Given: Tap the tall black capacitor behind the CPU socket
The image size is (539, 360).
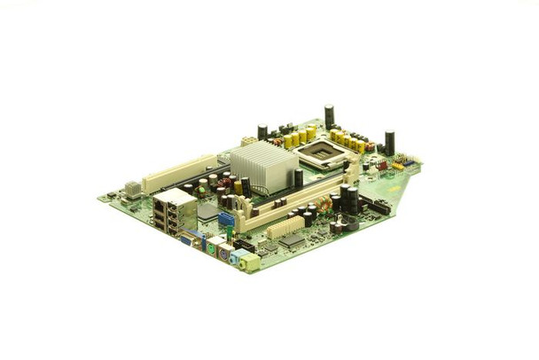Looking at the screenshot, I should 329,115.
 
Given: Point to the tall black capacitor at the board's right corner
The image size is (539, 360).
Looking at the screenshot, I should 389,142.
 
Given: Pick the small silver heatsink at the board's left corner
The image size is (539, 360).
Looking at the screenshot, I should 133,188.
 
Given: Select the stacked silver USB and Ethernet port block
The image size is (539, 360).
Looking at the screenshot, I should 174,213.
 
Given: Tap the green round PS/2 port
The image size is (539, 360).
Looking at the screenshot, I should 213,249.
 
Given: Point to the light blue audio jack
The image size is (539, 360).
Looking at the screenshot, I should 237,260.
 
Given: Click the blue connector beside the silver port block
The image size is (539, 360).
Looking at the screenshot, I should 226,218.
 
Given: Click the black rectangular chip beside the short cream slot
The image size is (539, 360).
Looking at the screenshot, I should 292,240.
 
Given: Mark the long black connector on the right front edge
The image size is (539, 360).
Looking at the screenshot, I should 379,207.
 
